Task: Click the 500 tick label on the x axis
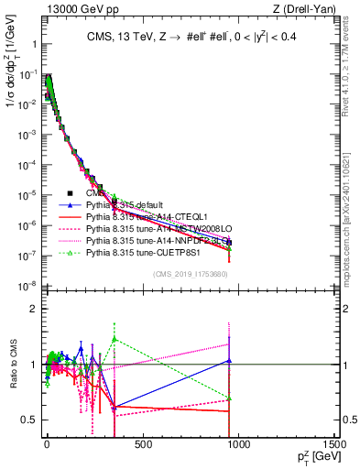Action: [x=143, y=446]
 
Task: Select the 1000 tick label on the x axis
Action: [x=239, y=446]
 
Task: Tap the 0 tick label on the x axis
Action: [x=47, y=446]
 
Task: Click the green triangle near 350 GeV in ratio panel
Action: [x=114, y=338]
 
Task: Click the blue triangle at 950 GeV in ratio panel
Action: [x=229, y=360]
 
